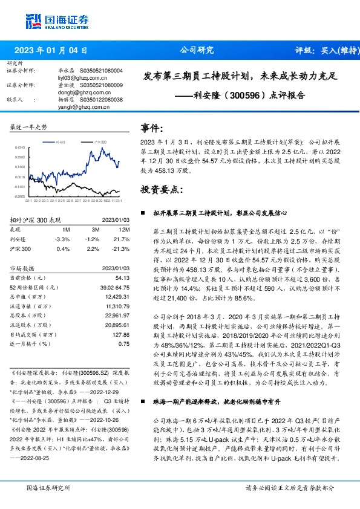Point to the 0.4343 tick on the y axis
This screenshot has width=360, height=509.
pos(20,148)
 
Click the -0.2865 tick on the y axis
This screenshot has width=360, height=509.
pos(20,196)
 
